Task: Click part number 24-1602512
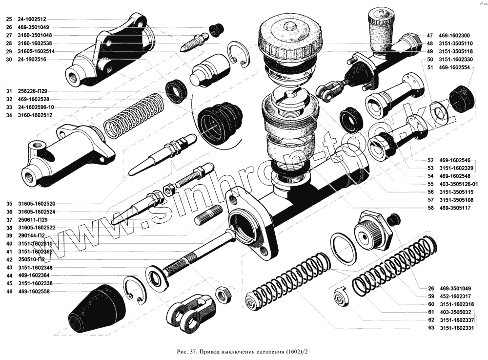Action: tap(32, 20)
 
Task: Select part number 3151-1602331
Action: tap(457, 328)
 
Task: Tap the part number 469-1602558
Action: tap(34, 292)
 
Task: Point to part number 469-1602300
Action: tap(454, 36)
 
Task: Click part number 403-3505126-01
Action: tap(458, 184)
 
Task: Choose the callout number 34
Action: tap(9, 115)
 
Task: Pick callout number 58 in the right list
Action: tap(430, 208)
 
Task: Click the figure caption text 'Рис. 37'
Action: tap(187, 352)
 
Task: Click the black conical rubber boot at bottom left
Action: tap(98, 308)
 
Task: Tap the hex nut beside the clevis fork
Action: tap(224, 295)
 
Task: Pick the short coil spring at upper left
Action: tap(134, 115)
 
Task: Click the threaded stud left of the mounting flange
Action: tap(208, 215)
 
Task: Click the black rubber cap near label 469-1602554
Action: tap(463, 98)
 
